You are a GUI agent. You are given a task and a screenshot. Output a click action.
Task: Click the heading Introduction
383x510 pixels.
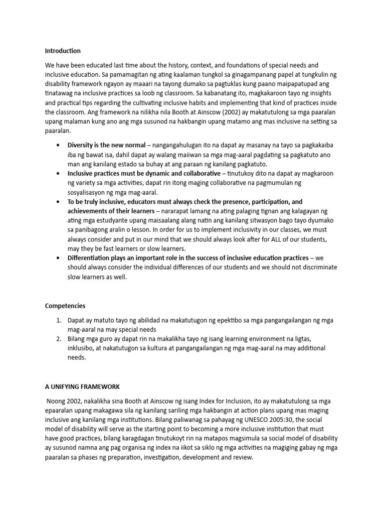[x=63, y=51]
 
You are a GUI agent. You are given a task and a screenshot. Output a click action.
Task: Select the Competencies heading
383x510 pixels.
[x=65, y=305]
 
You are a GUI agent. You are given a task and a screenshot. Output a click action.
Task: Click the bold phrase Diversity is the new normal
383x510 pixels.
[x=107, y=145]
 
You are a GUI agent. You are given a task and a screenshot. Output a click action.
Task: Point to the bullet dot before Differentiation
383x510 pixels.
[x=59, y=257]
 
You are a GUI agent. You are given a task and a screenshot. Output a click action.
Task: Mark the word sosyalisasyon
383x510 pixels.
[x=88, y=192]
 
